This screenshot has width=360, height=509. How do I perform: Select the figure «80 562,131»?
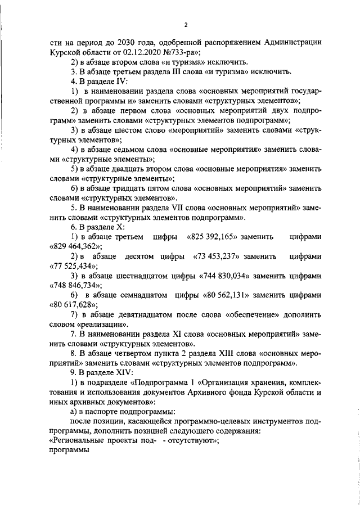click(227, 295)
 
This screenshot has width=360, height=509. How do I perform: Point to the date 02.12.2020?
click(105, 52)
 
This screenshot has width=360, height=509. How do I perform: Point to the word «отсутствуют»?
click(192, 442)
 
